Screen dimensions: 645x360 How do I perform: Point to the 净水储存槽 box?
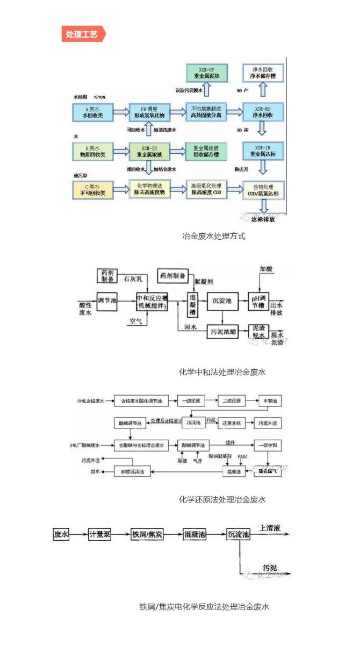(x=262, y=73)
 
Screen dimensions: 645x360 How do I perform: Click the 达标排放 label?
(x=263, y=219)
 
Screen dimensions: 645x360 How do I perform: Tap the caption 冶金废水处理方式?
(x=214, y=235)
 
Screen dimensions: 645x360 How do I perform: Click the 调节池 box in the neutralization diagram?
(x=107, y=300)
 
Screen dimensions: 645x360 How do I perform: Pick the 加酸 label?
(x=267, y=268)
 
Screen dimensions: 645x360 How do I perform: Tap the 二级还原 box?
(x=232, y=401)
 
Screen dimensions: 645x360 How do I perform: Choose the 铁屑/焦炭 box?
(x=147, y=535)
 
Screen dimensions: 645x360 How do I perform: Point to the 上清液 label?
(x=270, y=528)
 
